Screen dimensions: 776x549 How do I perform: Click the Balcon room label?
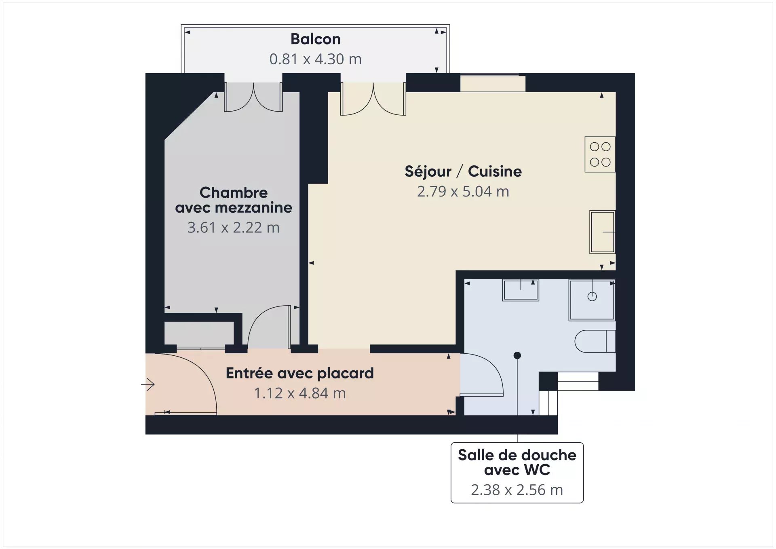[x=316, y=39]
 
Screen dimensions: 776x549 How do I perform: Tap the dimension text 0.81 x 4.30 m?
[x=316, y=59]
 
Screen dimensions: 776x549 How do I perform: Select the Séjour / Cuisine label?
[x=463, y=171]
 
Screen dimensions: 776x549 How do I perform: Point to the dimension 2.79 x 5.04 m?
[x=463, y=191]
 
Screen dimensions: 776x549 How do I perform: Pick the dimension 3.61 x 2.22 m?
[x=234, y=228]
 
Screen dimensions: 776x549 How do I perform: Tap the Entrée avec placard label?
[x=300, y=373]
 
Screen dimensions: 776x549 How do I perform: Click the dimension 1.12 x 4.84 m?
[x=300, y=393]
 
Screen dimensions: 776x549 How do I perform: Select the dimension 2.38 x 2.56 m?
[x=517, y=490]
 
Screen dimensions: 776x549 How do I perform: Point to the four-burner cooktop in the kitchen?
[x=600, y=154]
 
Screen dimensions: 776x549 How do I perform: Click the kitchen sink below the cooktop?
[x=602, y=232]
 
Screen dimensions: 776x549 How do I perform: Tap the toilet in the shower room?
[x=595, y=341]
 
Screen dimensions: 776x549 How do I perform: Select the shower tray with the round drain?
[x=592, y=300]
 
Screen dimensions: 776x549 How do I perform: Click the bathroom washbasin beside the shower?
[x=521, y=290]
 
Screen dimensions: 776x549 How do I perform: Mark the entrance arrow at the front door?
[x=148, y=384]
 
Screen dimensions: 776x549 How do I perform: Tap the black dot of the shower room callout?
[x=517, y=356]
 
